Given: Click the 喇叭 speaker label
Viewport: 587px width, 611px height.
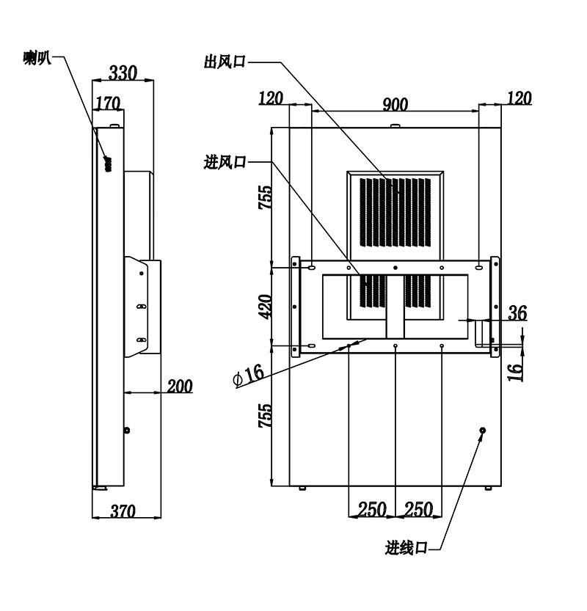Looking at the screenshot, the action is pyautogui.click(x=37, y=58).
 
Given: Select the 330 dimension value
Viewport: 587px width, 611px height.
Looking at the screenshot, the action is pyautogui.click(x=123, y=73).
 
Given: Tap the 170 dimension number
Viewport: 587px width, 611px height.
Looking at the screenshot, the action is pyautogui.click(x=108, y=103).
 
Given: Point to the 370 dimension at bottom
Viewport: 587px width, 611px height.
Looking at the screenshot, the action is pyautogui.click(x=123, y=511).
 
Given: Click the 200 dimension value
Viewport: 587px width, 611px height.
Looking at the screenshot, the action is pyautogui.click(x=180, y=386).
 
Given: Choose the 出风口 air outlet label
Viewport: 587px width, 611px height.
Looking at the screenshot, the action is pyautogui.click(x=225, y=62).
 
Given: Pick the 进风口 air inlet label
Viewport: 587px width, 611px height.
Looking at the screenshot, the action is pyautogui.click(x=225, y=161).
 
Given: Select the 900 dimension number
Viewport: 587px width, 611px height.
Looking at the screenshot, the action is pyautogui.click(x=395, y=104).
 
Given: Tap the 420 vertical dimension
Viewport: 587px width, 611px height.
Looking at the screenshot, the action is pyautogui.click(x=266, y=307).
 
